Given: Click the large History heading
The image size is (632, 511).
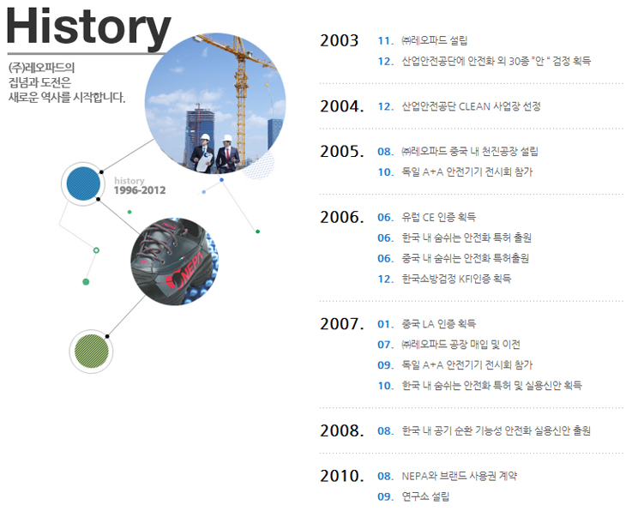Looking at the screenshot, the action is pos(89,27).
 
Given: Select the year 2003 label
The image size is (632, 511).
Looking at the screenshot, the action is pos(339,40).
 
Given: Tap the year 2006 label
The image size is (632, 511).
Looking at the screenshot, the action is pos(342,217).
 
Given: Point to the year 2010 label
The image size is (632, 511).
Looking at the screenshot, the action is pos(342,476).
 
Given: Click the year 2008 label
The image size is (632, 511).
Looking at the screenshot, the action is pos(342,430).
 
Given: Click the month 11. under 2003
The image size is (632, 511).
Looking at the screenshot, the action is pos(385,40).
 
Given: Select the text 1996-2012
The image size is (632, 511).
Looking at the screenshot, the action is pos(140,190).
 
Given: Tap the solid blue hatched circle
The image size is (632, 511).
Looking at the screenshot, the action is pos(83,183).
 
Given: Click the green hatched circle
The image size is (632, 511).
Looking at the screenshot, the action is pos(92,351).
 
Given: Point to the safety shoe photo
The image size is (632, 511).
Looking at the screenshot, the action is pos(174,262).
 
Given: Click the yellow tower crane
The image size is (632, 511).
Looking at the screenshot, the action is pos(240,93).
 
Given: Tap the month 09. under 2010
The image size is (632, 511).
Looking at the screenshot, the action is pos(385,496).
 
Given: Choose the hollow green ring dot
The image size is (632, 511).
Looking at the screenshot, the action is pos(96,250).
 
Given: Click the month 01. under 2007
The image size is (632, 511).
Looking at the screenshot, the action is pos(385,324).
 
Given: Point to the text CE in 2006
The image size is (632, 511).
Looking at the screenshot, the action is pos(429,217).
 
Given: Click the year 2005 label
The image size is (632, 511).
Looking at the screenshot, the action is pos(342,152).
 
